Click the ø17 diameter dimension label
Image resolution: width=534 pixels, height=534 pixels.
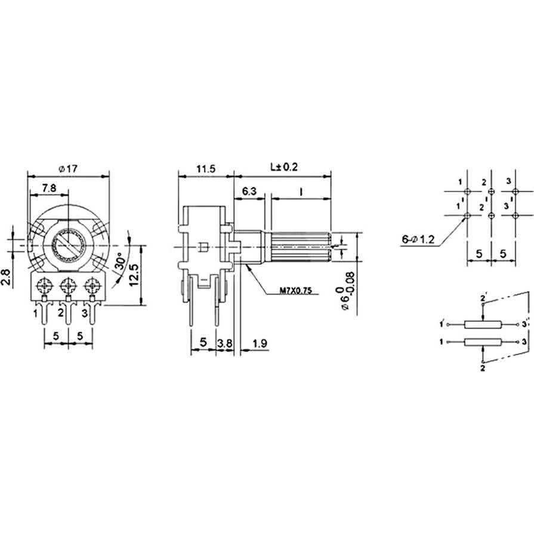68,169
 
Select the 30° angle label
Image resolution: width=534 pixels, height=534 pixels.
121,263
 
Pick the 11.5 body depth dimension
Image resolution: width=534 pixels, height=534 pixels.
205,169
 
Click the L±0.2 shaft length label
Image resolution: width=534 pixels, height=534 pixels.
283,168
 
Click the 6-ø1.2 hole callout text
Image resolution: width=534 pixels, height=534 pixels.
420,240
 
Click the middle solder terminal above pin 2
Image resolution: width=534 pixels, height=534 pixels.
68,284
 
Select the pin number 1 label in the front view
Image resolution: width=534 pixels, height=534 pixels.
36,312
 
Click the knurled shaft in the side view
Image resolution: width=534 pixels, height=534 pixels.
300,246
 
